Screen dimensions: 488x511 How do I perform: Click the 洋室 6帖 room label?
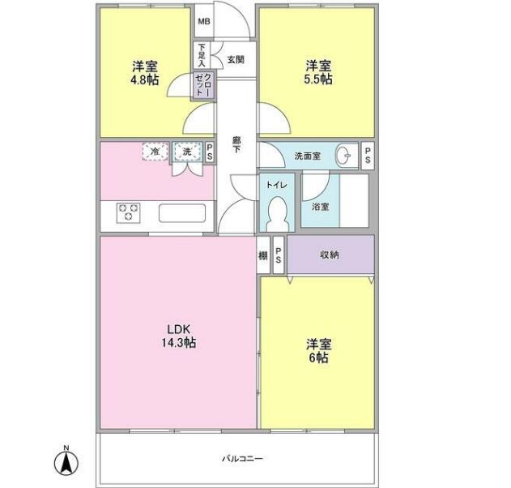click(x=317, y=350)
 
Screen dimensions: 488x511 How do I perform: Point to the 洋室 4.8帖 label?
click(x=144, y=73)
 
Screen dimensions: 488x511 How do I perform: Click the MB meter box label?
click(x=203, y=22)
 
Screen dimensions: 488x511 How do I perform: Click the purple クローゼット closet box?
click(x=202, y=85)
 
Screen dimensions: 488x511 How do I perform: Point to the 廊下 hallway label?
click(x=236, y=147)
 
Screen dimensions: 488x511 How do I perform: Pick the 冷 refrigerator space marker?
click(x=155, y=151)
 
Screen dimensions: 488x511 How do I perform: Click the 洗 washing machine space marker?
click(x=185, y=151)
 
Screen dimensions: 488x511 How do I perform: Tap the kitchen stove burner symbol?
click(x=128, y=212)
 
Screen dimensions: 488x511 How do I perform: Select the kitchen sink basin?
click(x=183, y=213)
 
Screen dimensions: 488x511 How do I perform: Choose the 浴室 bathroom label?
click(x=319, y=205)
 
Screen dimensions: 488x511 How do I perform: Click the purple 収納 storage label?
click(x=329, y=255)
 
